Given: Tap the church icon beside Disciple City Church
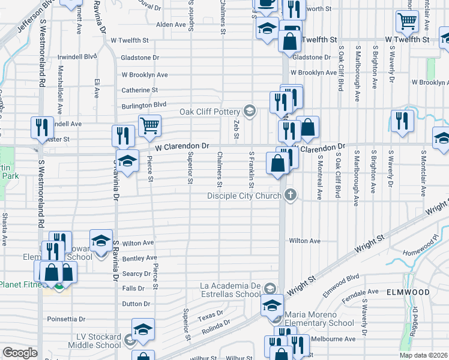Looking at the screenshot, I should (291, 195).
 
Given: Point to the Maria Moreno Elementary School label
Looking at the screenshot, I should (319, 319).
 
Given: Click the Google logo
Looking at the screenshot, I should (20, 353).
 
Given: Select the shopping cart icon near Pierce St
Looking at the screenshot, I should (149, 125).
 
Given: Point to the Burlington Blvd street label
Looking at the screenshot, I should (143, 104).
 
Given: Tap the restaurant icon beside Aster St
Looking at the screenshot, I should (41, 127).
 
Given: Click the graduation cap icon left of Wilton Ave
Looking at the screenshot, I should (100, 241).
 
